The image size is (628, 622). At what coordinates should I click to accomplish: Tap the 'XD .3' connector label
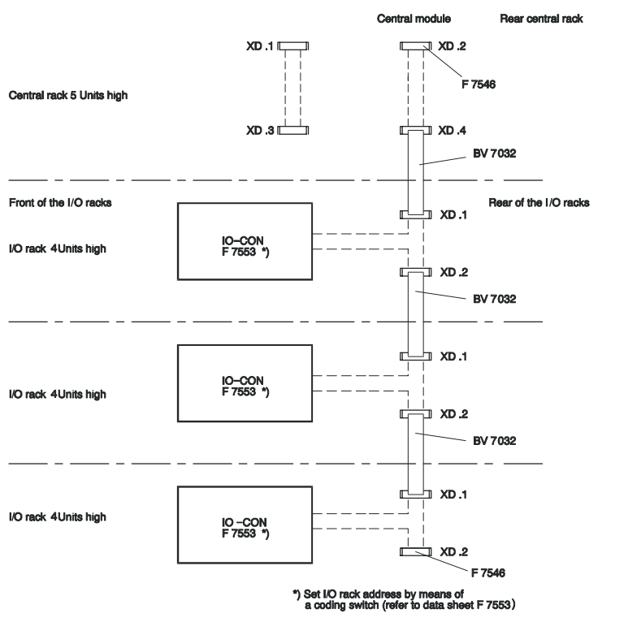point(263,130)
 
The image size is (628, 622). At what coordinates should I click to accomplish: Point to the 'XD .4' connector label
point(453,131)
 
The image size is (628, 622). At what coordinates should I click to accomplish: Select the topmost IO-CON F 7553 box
point(244,242)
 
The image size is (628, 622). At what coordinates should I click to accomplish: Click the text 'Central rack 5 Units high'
point(67,95)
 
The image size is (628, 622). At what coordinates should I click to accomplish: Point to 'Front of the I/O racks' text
point(59,203)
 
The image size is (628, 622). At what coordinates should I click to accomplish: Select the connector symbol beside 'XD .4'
point(415,130)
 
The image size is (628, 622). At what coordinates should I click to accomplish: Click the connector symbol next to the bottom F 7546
point(415,552)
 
